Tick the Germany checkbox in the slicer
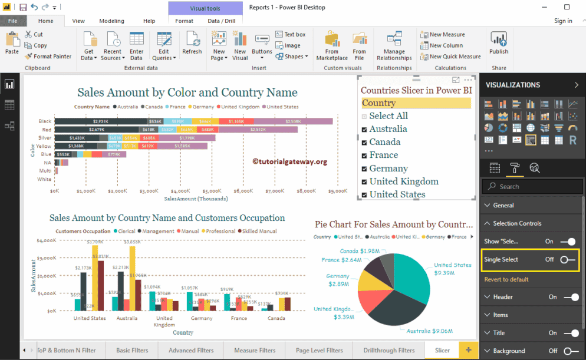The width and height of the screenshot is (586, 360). pos(364,169)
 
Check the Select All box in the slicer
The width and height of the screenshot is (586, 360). pos(364,117)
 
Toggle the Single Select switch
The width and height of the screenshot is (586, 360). pos(567,260)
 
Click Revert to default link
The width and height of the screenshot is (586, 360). pos(506,279)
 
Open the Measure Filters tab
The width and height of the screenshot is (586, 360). pos(255,351)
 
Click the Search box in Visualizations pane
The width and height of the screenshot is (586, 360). pos(533,187)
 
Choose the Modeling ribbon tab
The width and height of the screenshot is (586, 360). pos(111,21)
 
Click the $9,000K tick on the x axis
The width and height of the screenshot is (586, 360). pos(337,191)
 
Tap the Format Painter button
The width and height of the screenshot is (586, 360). pos(48,57)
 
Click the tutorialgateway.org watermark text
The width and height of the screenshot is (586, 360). pos(289,161)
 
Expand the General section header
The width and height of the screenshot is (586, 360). pos(503,206)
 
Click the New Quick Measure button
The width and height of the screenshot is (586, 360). pos(451,57)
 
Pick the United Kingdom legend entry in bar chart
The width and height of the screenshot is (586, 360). pos(239,107)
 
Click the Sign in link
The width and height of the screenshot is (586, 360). pos(563,21)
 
